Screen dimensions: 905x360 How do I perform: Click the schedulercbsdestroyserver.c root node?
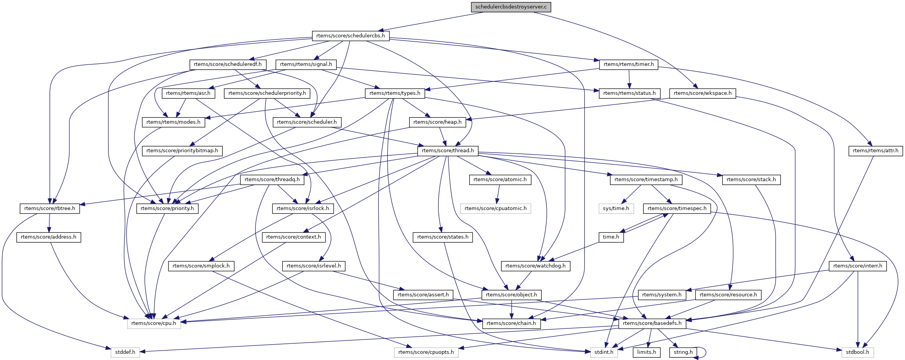coord(511,7)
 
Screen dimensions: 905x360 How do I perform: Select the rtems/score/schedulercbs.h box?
coord(351,36)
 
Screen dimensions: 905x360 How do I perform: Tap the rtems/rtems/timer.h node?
coord(629,64)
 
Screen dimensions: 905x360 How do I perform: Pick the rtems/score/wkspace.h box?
coord(703,93)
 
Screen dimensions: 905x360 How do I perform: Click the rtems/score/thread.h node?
coord(448,151)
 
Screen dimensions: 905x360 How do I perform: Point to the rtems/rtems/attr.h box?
coord(875,151)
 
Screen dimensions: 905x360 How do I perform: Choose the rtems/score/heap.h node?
coord(437,122)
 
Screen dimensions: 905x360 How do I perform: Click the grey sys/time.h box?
coord(616,209)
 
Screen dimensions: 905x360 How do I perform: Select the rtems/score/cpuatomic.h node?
coord(495,209)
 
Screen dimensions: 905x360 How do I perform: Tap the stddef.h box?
coord(125,352)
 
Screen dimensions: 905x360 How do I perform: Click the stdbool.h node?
coord(858,352)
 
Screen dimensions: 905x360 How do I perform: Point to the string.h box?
coord(683,352)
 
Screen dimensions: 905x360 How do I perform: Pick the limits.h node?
coord(647,352)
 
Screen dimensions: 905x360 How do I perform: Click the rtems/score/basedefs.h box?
coord(652,323)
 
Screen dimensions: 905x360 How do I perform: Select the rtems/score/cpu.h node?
coord(154,323)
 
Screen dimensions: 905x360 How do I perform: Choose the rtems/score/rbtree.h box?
coord(50,209)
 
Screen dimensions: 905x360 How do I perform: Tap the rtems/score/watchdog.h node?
coord(536,266)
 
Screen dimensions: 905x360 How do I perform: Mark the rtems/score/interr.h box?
coord(858,266)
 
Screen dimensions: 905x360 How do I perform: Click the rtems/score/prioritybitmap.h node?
coord(182,151)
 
